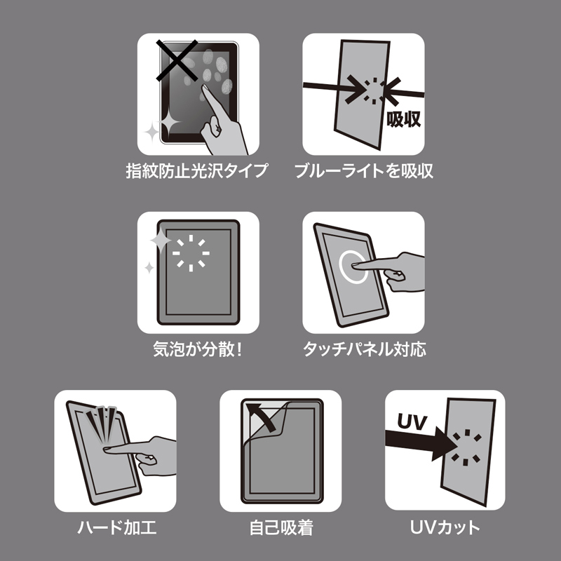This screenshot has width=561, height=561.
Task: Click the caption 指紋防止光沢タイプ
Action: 198,170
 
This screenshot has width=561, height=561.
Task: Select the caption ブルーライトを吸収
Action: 363,170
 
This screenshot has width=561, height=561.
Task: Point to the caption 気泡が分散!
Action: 198,348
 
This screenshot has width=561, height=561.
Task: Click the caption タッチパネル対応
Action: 363,348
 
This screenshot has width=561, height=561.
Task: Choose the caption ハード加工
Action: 115,526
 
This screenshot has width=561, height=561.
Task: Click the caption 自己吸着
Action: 280,526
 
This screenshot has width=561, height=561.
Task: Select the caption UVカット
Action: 445,526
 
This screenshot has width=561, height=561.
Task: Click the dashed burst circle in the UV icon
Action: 464,447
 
